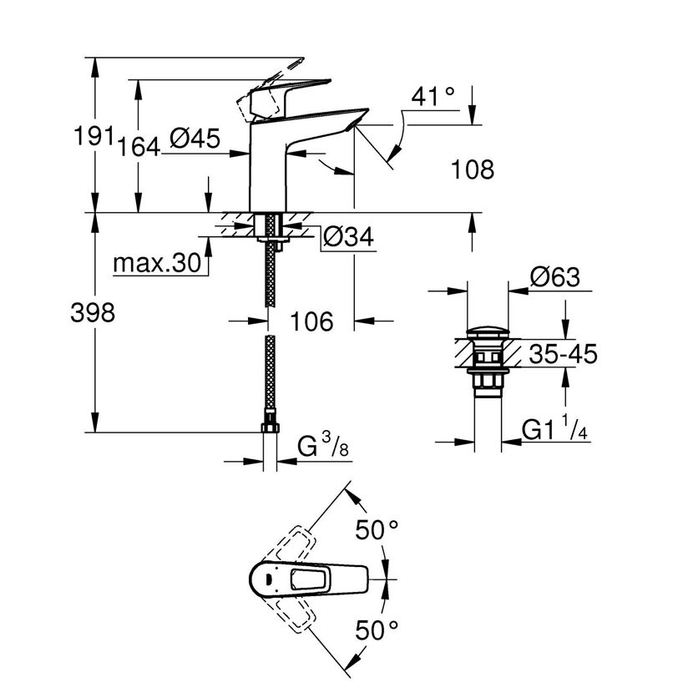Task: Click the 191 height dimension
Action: click(x=94, y=136)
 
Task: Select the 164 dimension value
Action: click(x=138, y=147)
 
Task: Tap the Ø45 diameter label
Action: click(x=195, y=139)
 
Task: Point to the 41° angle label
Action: click(x=432, y=96)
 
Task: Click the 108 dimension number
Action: click(x=473, y=169)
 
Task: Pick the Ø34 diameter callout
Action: click(x=348, y=237)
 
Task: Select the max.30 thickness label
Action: click(x=157, y=263)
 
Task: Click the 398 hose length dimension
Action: click(x=93, y=312)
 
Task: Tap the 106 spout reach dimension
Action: click(x=311, y=321)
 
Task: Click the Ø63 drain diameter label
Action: click(x=554, y=277)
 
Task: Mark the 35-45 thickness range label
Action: click(x=563, y=354)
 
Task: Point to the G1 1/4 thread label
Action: click(x=554, y=427)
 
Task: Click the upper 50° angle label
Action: click(x=377, y=529)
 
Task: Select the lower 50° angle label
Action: click(x=377, y=630)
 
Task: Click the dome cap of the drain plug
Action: click(x=488, y=332)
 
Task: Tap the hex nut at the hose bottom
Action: click(x=270, y=427)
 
